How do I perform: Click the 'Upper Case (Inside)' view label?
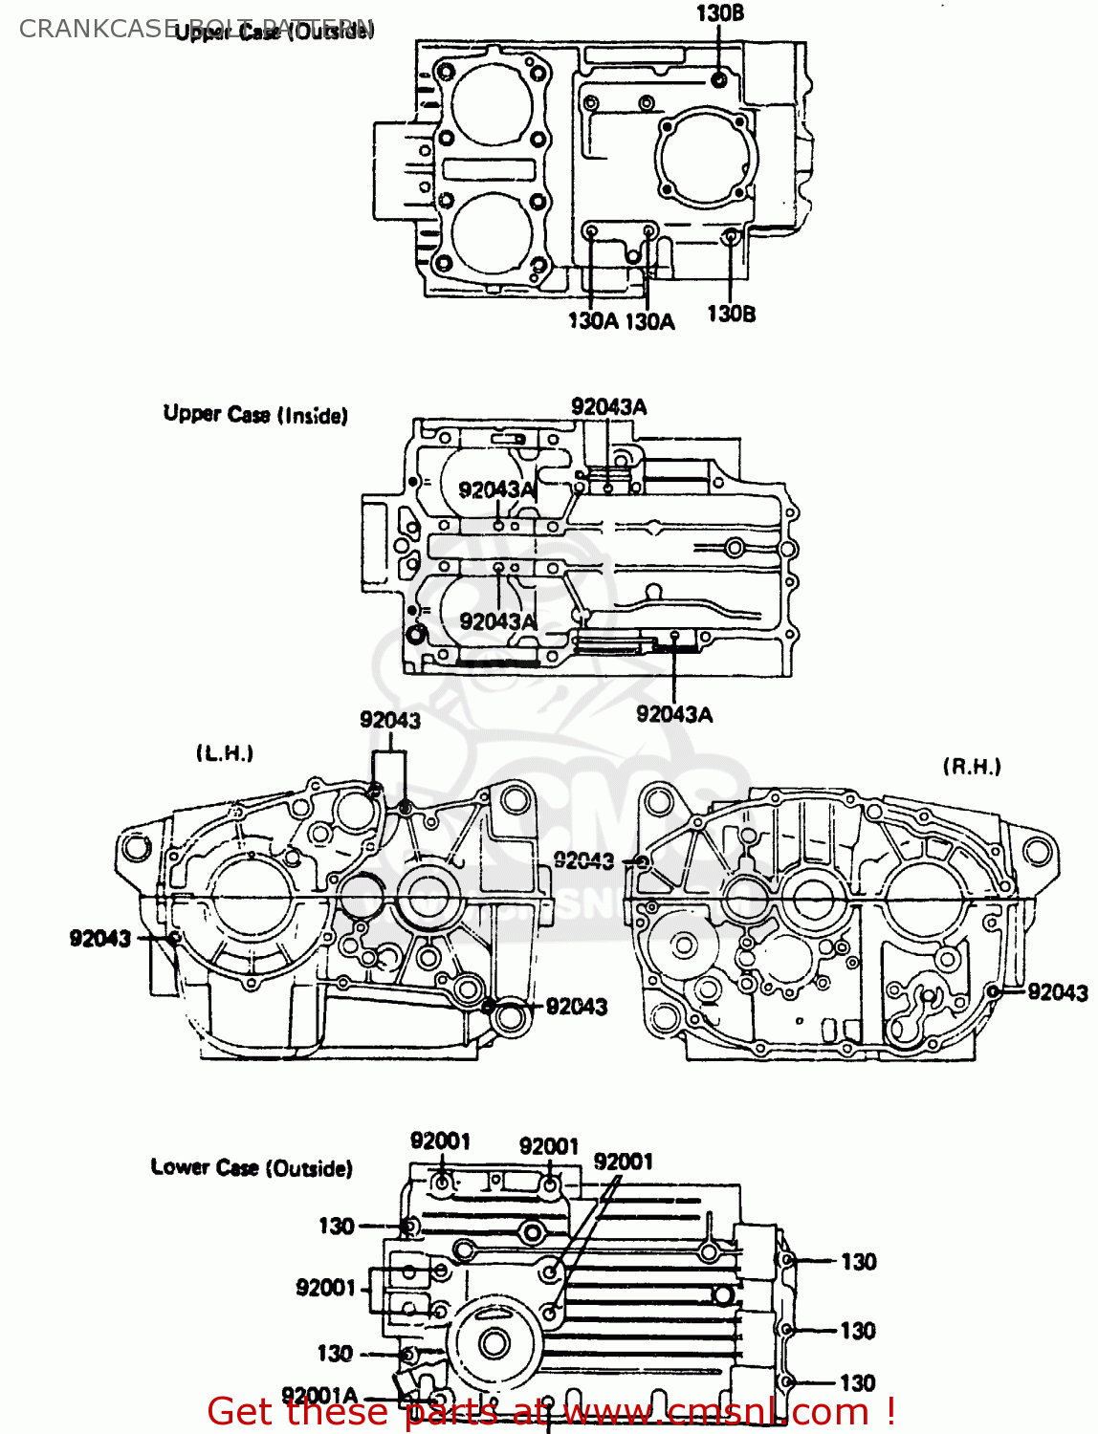(255, 414)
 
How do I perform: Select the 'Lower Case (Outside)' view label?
(252, 1167)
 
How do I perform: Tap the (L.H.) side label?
(225, 753)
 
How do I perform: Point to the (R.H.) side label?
(972, 766)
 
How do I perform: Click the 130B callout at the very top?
(719, 13)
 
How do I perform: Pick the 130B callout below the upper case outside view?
(731, 314)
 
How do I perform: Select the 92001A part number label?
(319, 1396)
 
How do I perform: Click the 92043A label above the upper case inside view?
(608, 406)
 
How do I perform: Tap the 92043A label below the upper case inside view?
(674, 714)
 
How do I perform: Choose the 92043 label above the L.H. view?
(390, 720)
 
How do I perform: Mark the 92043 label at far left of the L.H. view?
(99, 938)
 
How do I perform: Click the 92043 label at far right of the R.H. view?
(1058, 992)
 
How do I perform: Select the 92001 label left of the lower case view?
(326, 1288)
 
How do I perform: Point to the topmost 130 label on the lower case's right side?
(858, 1262)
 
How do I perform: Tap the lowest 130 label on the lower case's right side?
(857, 1382)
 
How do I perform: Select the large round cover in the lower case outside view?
(494, 1343)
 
